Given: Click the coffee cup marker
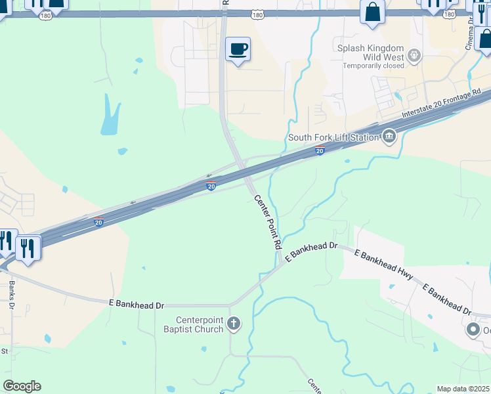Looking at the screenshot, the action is coord(238,49).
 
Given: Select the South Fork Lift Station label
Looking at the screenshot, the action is coord(333,137).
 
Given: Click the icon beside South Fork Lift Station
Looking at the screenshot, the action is coord(389,137).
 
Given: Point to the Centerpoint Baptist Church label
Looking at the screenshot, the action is coord(194,324).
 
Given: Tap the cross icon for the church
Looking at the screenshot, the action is coord(234,323).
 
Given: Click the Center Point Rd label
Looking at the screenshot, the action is coord(268,221).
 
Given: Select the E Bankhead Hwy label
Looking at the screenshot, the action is coord(384,265).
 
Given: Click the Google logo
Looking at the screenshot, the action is coord(22,386).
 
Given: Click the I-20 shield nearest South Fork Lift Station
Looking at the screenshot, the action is coord(320,151).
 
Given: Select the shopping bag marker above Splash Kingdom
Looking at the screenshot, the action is coord(372,12).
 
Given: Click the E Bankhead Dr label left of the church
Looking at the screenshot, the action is coord(137,305).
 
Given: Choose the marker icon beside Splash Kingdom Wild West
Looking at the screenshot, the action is coord(414,55).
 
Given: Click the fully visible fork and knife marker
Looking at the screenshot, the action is coord(28,248).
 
